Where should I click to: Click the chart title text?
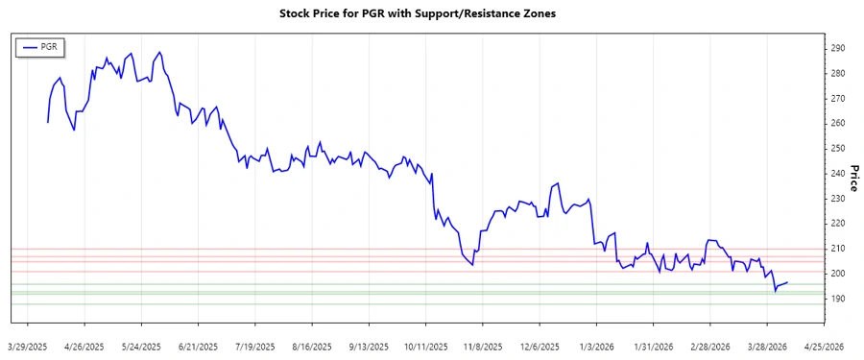tap(431, 14)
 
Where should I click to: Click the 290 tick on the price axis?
tap(837, 48)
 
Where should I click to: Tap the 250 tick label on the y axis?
tap(837, 149)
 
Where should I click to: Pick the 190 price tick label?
tap(837, 299)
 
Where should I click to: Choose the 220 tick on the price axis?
tap(837, 224)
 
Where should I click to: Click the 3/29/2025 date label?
tap(27, 345)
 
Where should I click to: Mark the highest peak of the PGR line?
tap(159, 52)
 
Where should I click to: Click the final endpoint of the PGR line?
tap(788, 282)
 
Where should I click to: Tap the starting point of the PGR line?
tap(47, 123)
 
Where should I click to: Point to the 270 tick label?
tap(837, 99)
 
